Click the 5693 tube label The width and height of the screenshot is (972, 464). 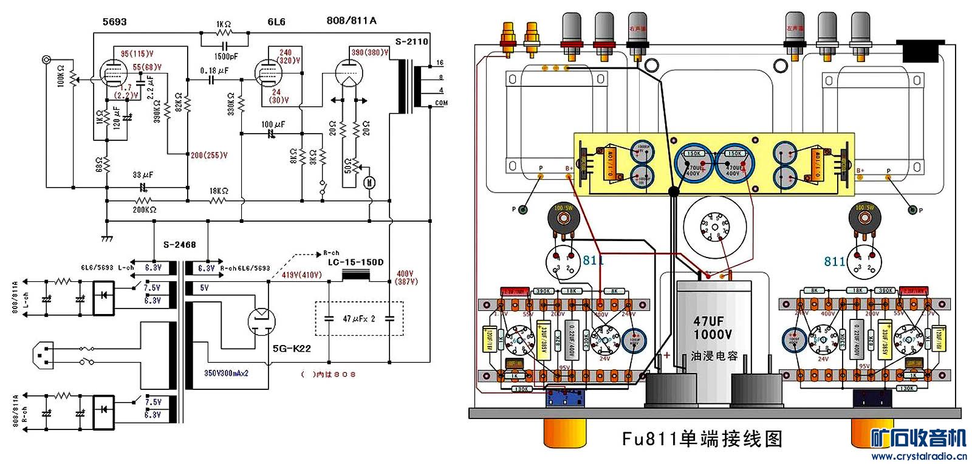pyautogui.click(x=114, y=22)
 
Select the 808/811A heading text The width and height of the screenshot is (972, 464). pyautogui.click(x=351, y=21)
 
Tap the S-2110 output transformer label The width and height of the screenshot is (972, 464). pyautogui.click(x=411, y=42)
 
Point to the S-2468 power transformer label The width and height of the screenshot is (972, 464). pyautogui.click(x=180, y=245)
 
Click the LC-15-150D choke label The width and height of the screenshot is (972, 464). pyautogui.click(x=355, y=262)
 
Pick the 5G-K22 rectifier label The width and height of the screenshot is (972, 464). pyautogui.click(x=292, y=349)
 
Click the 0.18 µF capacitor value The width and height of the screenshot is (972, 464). pyautogui.click(x=214, y=71)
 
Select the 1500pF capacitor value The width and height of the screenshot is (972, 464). pyautogui.click(x=225, y=56)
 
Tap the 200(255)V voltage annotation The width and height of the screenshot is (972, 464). pyautogui.click(x=209, y=155)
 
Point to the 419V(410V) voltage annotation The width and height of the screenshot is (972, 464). pyautogui.click(x=301, y=275)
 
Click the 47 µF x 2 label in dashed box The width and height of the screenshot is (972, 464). pyautogui.click(x=359, y=319)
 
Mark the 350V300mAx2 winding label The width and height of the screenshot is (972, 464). pyautogui.click(x=226, y=373)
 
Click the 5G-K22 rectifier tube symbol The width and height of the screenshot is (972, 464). pyautogui.click(x=262, y=321)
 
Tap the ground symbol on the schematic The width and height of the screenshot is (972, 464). pyautogui.click(x=107, y=238)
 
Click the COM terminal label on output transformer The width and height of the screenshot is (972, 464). pyautogui.click(x=441, y=103)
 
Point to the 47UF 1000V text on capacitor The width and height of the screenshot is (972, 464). pyautogui.click(x=712, y=328)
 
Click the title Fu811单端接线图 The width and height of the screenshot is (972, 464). pyautogui.click(x=702, y=438)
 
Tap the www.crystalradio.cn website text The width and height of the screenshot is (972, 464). pyautogui.click(x=919, y=456)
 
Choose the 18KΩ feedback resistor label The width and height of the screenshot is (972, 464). pyautogui.click(x=219, y=191)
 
